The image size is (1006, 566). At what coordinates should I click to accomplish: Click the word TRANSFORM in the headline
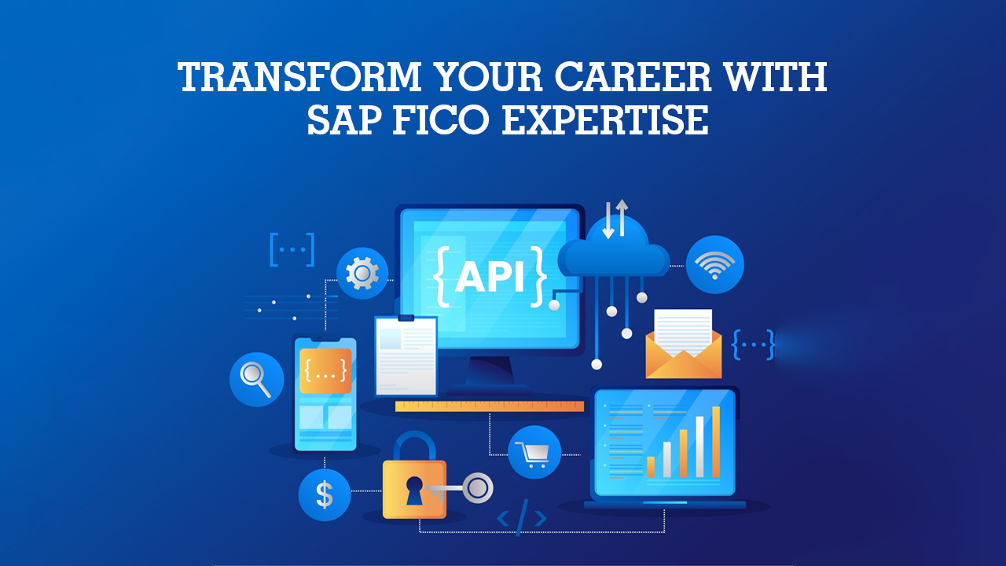tap(299, 76)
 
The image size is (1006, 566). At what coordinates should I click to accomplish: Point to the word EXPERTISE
tap(605, 119)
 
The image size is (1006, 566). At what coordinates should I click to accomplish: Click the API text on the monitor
tap(490, 277)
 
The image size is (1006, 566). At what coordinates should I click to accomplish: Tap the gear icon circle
tap(362, 273)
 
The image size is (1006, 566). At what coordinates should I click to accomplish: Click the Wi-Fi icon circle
tap(714, 265)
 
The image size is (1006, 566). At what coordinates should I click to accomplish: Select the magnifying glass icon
tap(256, 380)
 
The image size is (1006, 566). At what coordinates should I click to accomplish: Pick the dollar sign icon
tap(325, 495)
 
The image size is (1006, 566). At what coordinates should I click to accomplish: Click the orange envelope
tap(684, 355)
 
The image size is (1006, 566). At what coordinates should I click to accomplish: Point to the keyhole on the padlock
tap(413, 491)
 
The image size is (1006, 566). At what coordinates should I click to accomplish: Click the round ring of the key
tap(478, 488)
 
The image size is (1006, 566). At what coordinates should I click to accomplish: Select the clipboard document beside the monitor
tap(406, 356)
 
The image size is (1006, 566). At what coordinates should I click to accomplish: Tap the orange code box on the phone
tap(325, 370)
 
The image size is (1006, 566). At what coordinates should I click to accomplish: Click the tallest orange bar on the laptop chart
tap(716, 442)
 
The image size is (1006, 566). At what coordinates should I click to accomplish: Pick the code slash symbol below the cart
tap(522, 517)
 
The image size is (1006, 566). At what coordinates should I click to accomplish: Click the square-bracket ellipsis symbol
tap(292, 250)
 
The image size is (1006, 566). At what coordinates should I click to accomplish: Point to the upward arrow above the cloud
tap(622, 218)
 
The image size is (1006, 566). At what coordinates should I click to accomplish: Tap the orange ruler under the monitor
tap(490, 406)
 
